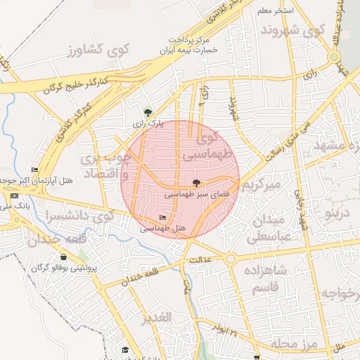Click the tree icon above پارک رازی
point(147,112)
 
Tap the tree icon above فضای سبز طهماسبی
point(196,182)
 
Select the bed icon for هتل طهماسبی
point(163,218)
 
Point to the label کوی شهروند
point(292,30)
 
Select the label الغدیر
point(156,318)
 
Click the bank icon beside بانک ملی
point(15,195)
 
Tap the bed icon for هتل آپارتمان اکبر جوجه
point(35,169)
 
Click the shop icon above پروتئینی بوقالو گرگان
point(64,257)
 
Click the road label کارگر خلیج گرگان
point(77,87)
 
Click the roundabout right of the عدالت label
point(230,259)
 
